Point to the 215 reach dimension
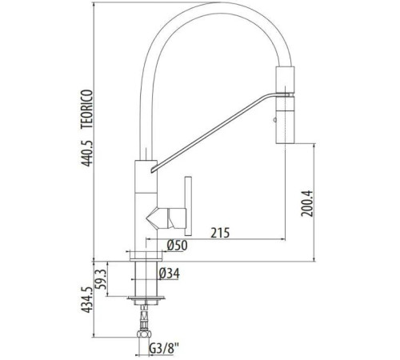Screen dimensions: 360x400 pos(222,234)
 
